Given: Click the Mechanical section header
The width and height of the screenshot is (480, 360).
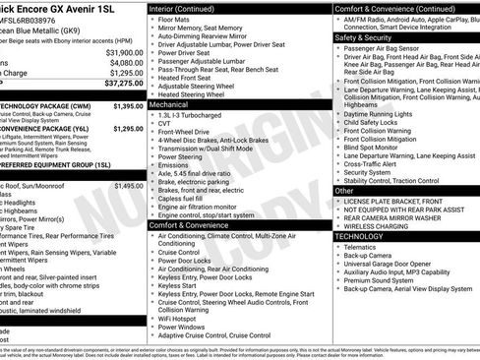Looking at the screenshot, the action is [169, 103].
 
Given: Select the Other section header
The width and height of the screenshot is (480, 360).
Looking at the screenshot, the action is [344, 191].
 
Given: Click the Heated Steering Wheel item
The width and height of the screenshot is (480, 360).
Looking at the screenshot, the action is [196, 93].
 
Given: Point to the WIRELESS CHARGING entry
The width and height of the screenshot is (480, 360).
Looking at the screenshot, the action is [380, 225].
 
